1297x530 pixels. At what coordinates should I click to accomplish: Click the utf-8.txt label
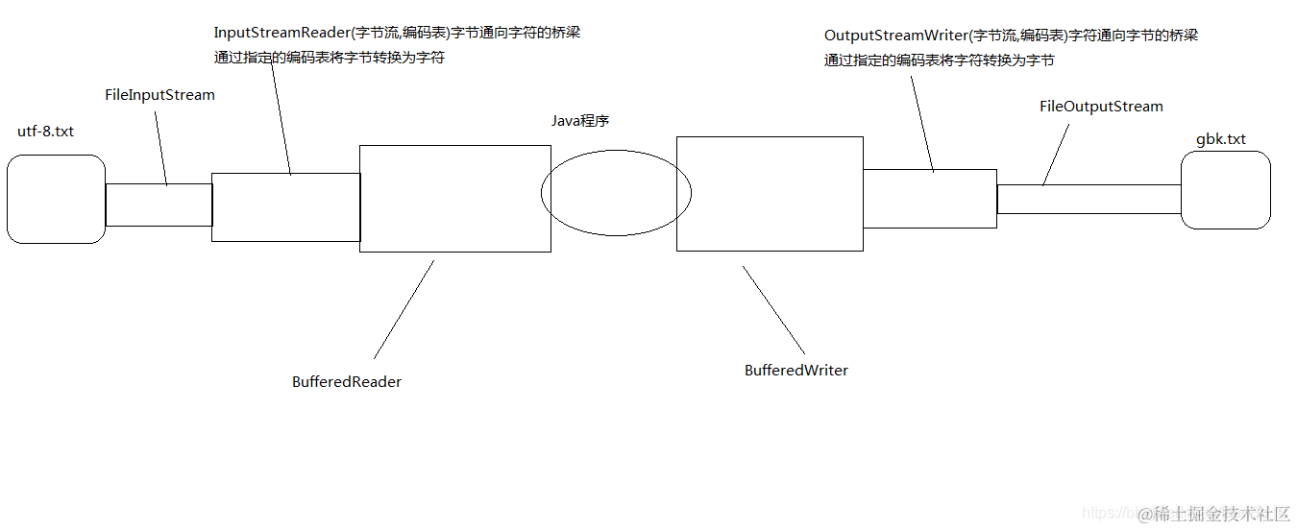point(45,132)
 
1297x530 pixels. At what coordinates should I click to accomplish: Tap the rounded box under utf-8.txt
point(56,199)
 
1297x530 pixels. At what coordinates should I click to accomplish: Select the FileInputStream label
point(159,95)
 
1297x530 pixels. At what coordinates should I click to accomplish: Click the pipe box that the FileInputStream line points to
point(159,205)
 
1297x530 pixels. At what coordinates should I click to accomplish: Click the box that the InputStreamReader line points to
point(285,207)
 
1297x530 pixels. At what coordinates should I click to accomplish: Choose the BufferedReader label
point(347,382)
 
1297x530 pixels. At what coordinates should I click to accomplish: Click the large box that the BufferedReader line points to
point(454,199)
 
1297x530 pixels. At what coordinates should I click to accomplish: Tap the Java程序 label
point(580,121)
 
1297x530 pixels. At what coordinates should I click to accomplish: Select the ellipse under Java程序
point(615,192)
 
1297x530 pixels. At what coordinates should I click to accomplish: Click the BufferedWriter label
point(796,371)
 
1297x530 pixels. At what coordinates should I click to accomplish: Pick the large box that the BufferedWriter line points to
point(770,194)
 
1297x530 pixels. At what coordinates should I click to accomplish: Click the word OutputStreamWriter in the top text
point(894,36)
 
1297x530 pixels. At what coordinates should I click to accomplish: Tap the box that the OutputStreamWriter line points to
point(929,199)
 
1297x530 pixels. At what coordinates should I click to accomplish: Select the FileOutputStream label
point(1101,107)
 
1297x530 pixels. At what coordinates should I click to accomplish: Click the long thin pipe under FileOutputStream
point(1089,200)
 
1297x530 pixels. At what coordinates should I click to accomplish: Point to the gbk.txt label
point(1220,139)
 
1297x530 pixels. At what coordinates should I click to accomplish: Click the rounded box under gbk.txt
point(1226,190)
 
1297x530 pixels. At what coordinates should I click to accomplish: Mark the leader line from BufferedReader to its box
point(404,309)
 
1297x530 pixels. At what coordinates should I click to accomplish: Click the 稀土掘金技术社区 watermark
point(1221,514)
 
